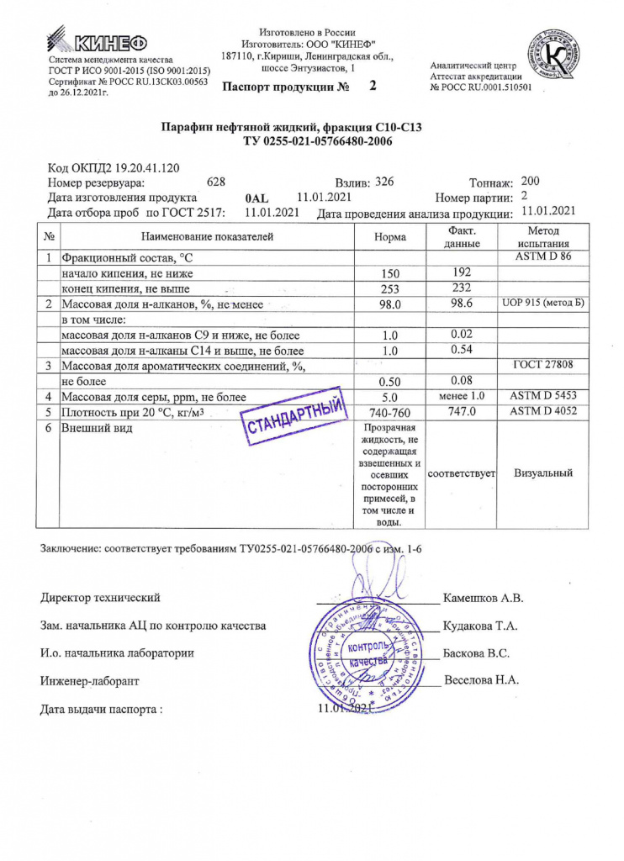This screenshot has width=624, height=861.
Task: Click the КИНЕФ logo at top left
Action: (x=99, y=41)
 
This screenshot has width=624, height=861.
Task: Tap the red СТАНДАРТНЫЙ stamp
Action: (x=294, y=416)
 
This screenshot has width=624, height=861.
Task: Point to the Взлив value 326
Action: (x=383, y=182)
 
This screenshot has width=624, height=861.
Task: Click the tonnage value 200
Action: (x=531, y=182)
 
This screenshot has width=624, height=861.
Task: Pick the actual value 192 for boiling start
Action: (x=463, y=272)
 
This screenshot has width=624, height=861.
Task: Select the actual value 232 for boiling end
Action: (x=463, y=288)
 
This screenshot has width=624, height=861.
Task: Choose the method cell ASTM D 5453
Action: (x=542, y=395)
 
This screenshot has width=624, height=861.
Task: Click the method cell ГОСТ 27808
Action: (x=542, y=365)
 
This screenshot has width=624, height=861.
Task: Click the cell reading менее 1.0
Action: (x=462, y=396)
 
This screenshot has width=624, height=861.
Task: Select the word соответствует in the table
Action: (x=463, y=474)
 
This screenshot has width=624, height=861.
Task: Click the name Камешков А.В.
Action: (x=483, y=599)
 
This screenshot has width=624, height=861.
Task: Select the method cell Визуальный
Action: (x=542, y=473)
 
